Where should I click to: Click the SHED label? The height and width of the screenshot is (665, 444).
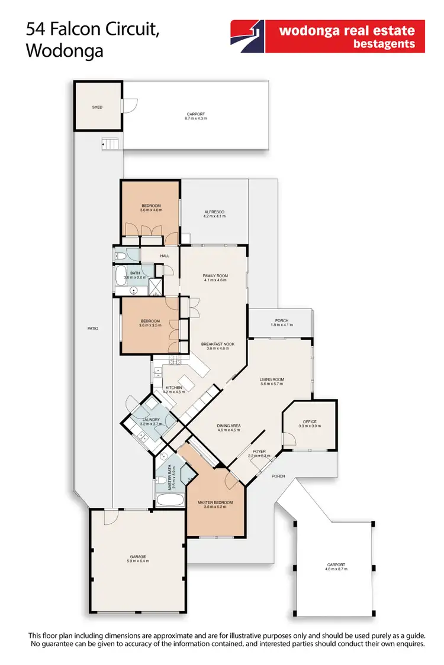click(x=97, y=107)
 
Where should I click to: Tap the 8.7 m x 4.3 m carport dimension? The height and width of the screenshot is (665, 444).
click(x=195, y=119)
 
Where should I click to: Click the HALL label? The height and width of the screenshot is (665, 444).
click(x=165, y=256)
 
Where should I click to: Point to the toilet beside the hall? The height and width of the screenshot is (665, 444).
click(x=121, y=256)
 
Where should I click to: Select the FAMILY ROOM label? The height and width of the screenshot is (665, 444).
click(x=215, y=276)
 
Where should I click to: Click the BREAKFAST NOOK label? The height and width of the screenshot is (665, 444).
click(x=217, y=344)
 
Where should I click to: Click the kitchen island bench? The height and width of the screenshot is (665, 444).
click(x=189, y=379)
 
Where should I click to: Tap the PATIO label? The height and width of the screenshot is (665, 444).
click(x=92, y=328)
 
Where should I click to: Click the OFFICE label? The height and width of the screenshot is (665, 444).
click(x=310, y=421)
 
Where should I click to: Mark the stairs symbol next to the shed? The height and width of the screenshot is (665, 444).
click(x=109, y=143)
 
